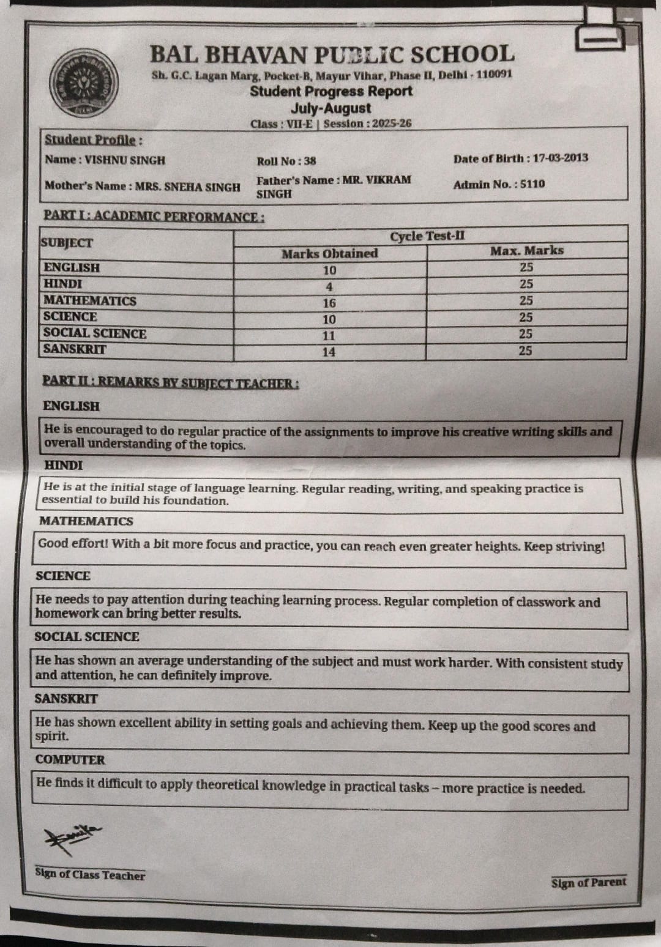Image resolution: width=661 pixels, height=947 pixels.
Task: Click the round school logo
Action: click(x=84, y=83)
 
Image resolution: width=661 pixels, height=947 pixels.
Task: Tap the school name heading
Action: click(x=332, y=55)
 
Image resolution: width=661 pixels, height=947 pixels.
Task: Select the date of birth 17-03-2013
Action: click(x=560, y=158)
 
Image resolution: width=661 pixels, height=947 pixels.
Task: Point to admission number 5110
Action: click(x=532, y=184)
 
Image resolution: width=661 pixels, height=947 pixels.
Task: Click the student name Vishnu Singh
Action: click(x=125, y=160)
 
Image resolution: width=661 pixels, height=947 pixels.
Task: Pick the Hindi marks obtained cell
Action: click(x=329, y=286)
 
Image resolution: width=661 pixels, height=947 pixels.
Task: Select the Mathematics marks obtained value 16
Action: click(x=329, y=303)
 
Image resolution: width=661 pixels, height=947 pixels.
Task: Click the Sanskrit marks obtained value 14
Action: click(x=329, y=352)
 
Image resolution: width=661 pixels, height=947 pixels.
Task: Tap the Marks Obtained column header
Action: click(x=329, y=253)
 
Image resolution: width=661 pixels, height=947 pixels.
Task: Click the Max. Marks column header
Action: click(x=526, y=251)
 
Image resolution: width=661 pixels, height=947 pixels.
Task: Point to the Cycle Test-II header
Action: click(x=427, y=236)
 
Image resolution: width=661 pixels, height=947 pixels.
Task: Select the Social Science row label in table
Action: click(x=95, y=333)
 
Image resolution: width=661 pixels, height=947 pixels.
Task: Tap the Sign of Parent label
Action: click(x=588, y=882)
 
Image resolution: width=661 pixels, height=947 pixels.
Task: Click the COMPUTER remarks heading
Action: click(x=70, y=760)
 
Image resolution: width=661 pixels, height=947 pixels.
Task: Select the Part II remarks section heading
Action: click(x=171, y=383)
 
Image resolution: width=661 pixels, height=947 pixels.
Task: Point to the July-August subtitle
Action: click(x=330, y=108)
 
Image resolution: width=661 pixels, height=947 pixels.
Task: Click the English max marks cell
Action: click(x=526, y=267)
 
